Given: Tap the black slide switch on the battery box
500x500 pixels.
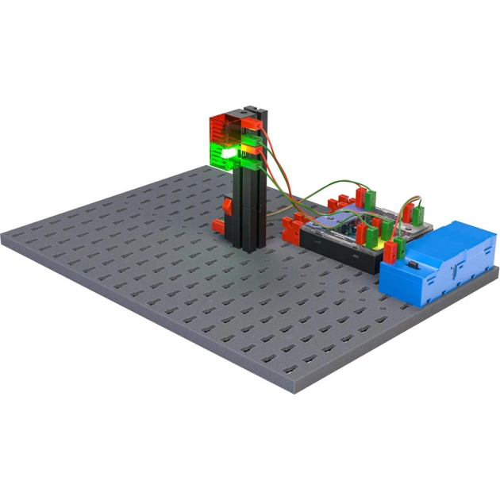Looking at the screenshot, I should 414,263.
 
